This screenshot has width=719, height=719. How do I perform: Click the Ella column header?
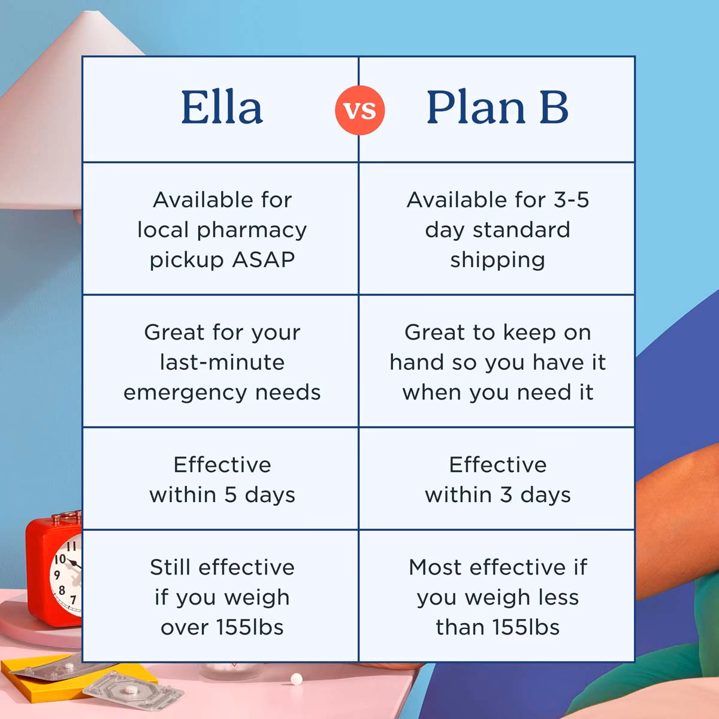[222, 108]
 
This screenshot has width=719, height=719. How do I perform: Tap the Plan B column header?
[497, 108]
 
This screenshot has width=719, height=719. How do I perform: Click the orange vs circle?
[359, 110]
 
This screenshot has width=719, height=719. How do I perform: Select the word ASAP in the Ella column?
[264, 259]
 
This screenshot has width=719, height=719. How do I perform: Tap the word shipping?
[497, 261]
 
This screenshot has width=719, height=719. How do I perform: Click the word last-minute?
[222, 362]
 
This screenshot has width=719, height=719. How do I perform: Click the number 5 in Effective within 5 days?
[231, 495]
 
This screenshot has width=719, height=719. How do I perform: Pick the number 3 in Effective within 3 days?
[506, 495]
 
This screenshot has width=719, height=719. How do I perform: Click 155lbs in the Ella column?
[250, 627]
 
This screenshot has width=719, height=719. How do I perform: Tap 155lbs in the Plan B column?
[525, 627]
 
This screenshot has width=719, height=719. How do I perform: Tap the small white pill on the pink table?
[296, 678]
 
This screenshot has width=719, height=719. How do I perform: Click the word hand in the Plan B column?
[416, 362]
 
